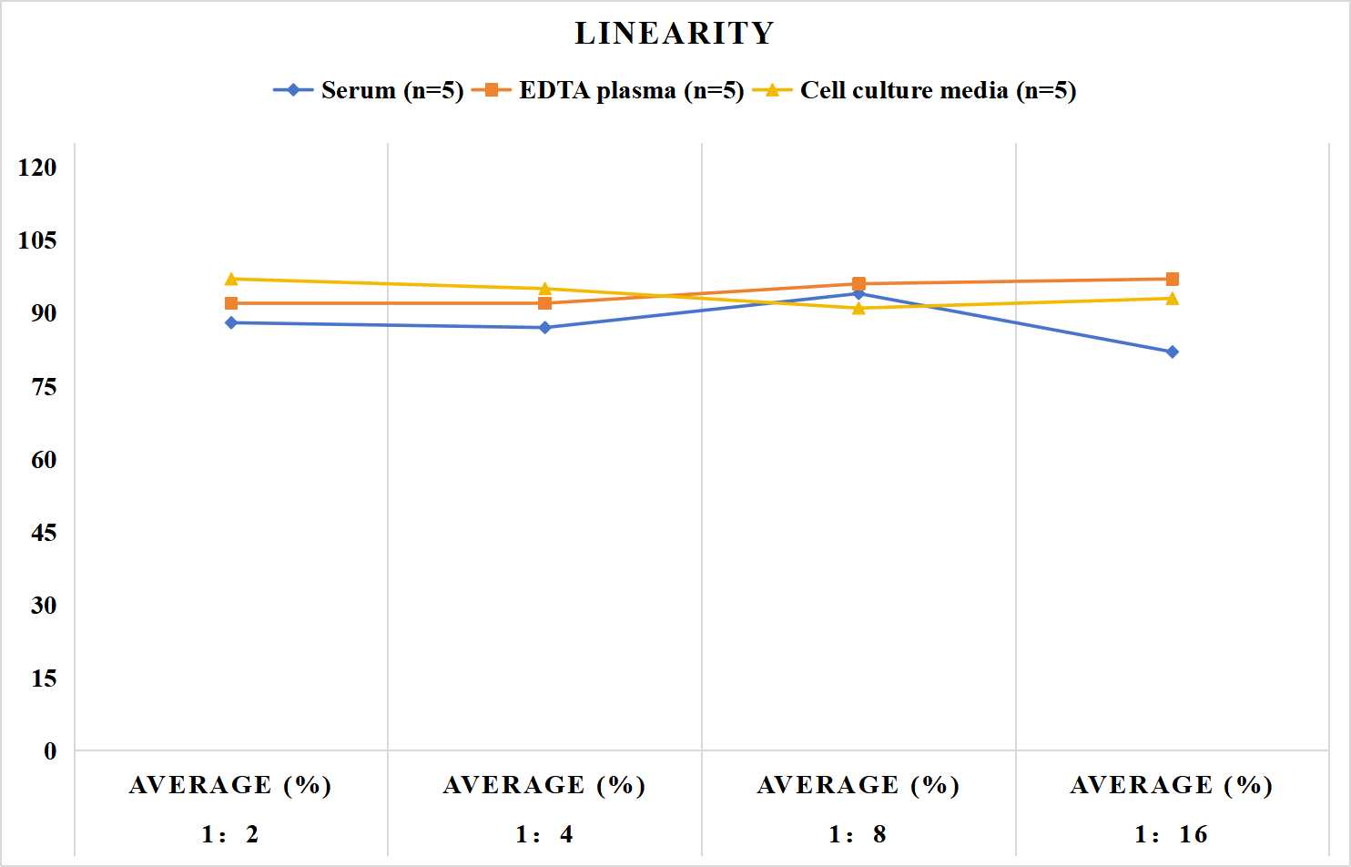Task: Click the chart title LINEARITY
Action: coord(675,33)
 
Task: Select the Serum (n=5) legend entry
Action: coord(369,90)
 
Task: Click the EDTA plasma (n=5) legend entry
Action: coord(607,90)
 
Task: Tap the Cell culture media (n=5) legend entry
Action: coord(914,90)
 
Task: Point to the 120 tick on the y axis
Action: coord(37,168)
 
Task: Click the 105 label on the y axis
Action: coord(37,240)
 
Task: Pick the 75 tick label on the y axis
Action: coord(44,387)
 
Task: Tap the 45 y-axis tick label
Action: coord(44,533)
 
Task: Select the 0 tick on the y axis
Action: coord(51,751)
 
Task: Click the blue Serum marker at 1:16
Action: coord(1172,352)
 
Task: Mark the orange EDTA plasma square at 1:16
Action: coord(1172,279)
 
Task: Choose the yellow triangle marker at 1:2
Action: coord(231,279)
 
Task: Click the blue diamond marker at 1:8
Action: coord(858,294)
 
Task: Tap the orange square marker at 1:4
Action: coord(544,303)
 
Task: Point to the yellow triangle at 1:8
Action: coord(858,308)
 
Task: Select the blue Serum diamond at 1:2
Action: coord(231,322)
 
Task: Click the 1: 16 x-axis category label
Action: coord(1172,834)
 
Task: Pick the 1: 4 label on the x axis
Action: coord(544,834)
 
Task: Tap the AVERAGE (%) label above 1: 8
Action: coord(858,785)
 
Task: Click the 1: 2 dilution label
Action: coord(230,834)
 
